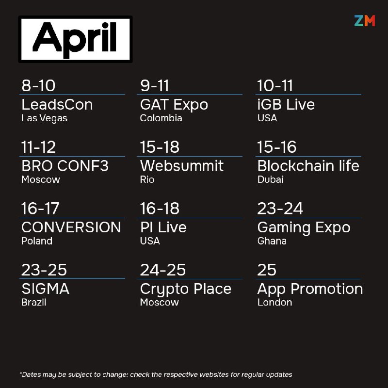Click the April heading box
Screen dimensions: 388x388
tap(76, 39)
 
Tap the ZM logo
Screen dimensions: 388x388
tap(365, 20)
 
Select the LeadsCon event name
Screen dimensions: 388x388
tap(57, 104)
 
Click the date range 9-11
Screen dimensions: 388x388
tap(154, 86)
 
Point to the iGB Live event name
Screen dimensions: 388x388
tap(286, 104)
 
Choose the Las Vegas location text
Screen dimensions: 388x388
tap(44, 118)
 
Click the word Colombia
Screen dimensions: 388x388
tap(161, 118)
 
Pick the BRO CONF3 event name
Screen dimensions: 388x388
tap(65, 166)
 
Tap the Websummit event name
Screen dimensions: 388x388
tap(181, 166)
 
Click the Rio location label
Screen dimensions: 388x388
tap(147, 179)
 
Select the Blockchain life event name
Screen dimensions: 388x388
tap(308, 166)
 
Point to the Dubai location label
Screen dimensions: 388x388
tap(271, 179)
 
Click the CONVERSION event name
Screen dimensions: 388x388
tap(71, 227)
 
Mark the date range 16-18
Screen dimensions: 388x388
tap(160, 209)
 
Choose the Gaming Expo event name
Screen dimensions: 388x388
tap(304, 228)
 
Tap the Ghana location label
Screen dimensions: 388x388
tap(272, 241)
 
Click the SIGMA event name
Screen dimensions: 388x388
tap(45, 289)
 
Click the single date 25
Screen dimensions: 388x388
tap(266, 270)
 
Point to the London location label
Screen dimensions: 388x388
tap(275, 302)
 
